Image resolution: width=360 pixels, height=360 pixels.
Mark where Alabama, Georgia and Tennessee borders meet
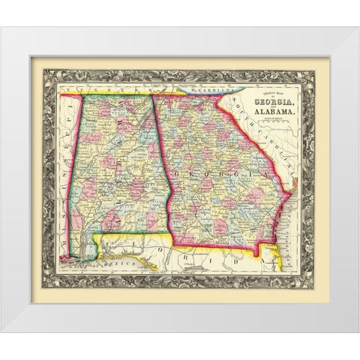(x=154, y=94)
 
